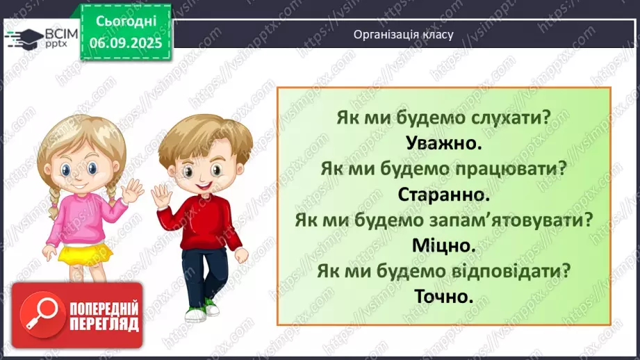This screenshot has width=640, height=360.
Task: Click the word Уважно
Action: [x=443, y=144]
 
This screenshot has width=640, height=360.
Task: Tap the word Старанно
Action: [x=443, y=195]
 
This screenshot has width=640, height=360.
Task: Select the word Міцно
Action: [x=443, y=246]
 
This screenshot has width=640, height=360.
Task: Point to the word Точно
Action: [x=443, y=297]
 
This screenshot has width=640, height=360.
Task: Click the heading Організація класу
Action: [x=403, y=34]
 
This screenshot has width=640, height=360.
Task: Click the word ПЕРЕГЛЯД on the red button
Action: [x=105, y=324]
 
